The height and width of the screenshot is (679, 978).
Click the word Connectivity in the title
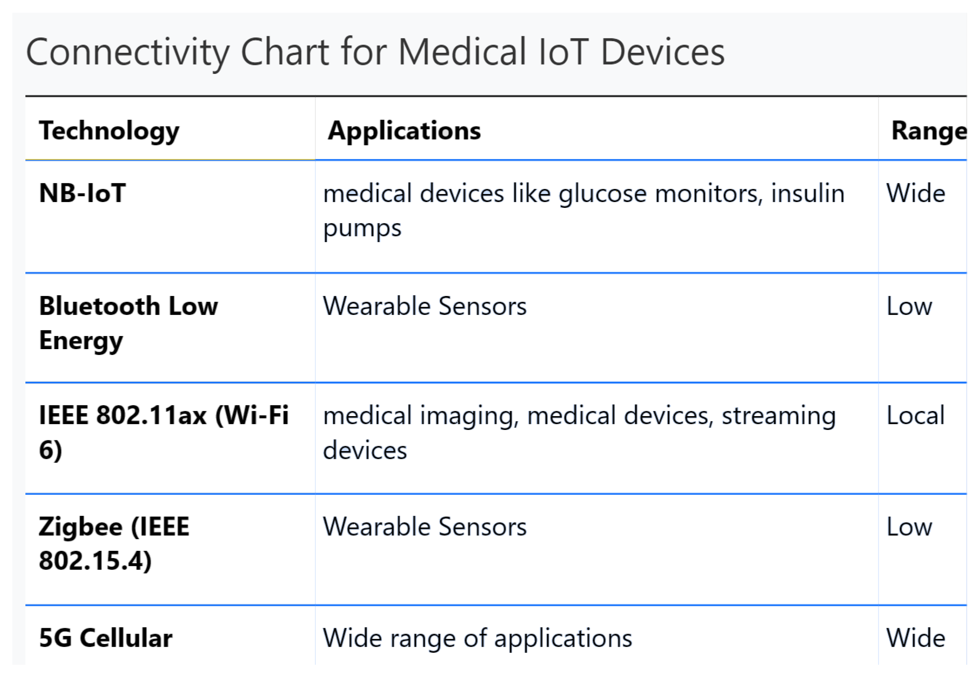point(128,53)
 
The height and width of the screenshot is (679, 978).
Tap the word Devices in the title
point(663,52)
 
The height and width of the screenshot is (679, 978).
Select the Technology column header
point(109,131)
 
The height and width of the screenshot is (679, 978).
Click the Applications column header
point(404,130)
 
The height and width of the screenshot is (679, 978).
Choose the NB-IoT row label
point(82,193)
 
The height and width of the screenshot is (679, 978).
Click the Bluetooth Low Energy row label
point(128,323)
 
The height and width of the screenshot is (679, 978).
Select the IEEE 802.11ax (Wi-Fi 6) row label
point(164,433)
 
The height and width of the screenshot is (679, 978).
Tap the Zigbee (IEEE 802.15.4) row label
point(114,544)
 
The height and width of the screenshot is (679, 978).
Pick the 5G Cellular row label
point(105,638)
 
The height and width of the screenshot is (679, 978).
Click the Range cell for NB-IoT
point(916,194)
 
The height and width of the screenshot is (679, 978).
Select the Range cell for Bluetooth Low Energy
point(909,306)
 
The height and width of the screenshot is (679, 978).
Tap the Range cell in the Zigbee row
point(909,527)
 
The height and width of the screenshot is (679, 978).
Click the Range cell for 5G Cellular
point(916,638)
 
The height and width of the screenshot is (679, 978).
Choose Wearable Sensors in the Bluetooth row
point(424,306)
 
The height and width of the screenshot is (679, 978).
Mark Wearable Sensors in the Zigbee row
point(424,527)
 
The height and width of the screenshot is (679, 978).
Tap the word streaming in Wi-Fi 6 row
point(778,416)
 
